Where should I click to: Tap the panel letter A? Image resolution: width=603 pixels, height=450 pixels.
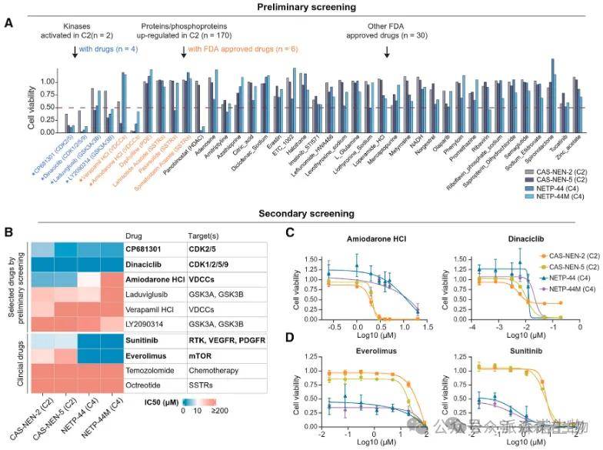8,24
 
